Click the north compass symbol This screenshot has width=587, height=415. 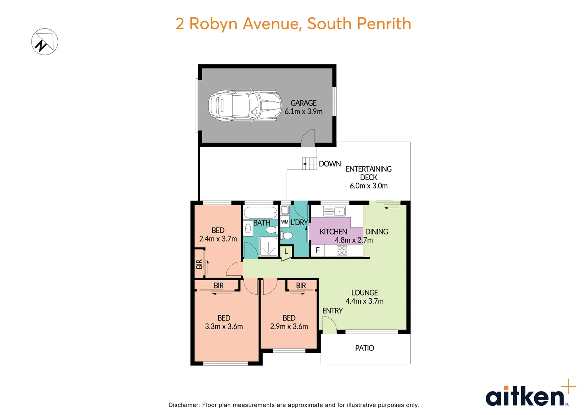(x=45, y=42)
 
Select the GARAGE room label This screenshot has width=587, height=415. (x=303, y=103)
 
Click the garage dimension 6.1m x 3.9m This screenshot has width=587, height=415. (x=303, y=111)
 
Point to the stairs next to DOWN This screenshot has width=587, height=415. (x=309, y=164)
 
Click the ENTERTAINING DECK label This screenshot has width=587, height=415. (x=368, y=173)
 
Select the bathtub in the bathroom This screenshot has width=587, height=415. (x=260, y=212)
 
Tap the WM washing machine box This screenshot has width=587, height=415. (x=284, y=222)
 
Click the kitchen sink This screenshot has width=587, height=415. (x=334, y=211)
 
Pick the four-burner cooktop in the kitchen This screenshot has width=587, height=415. (x=342, y=251)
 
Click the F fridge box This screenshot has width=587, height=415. (x=318, y=250)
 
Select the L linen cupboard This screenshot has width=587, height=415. (x=286, y=252)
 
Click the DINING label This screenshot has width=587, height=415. (x=376, y=232)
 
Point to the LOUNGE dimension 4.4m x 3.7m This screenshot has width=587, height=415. (x=364, y=301)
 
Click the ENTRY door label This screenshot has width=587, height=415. (x=332, y=310)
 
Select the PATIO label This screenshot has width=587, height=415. (x=364, y=348)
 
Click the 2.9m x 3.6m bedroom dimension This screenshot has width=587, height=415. (x=289, y=327)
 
